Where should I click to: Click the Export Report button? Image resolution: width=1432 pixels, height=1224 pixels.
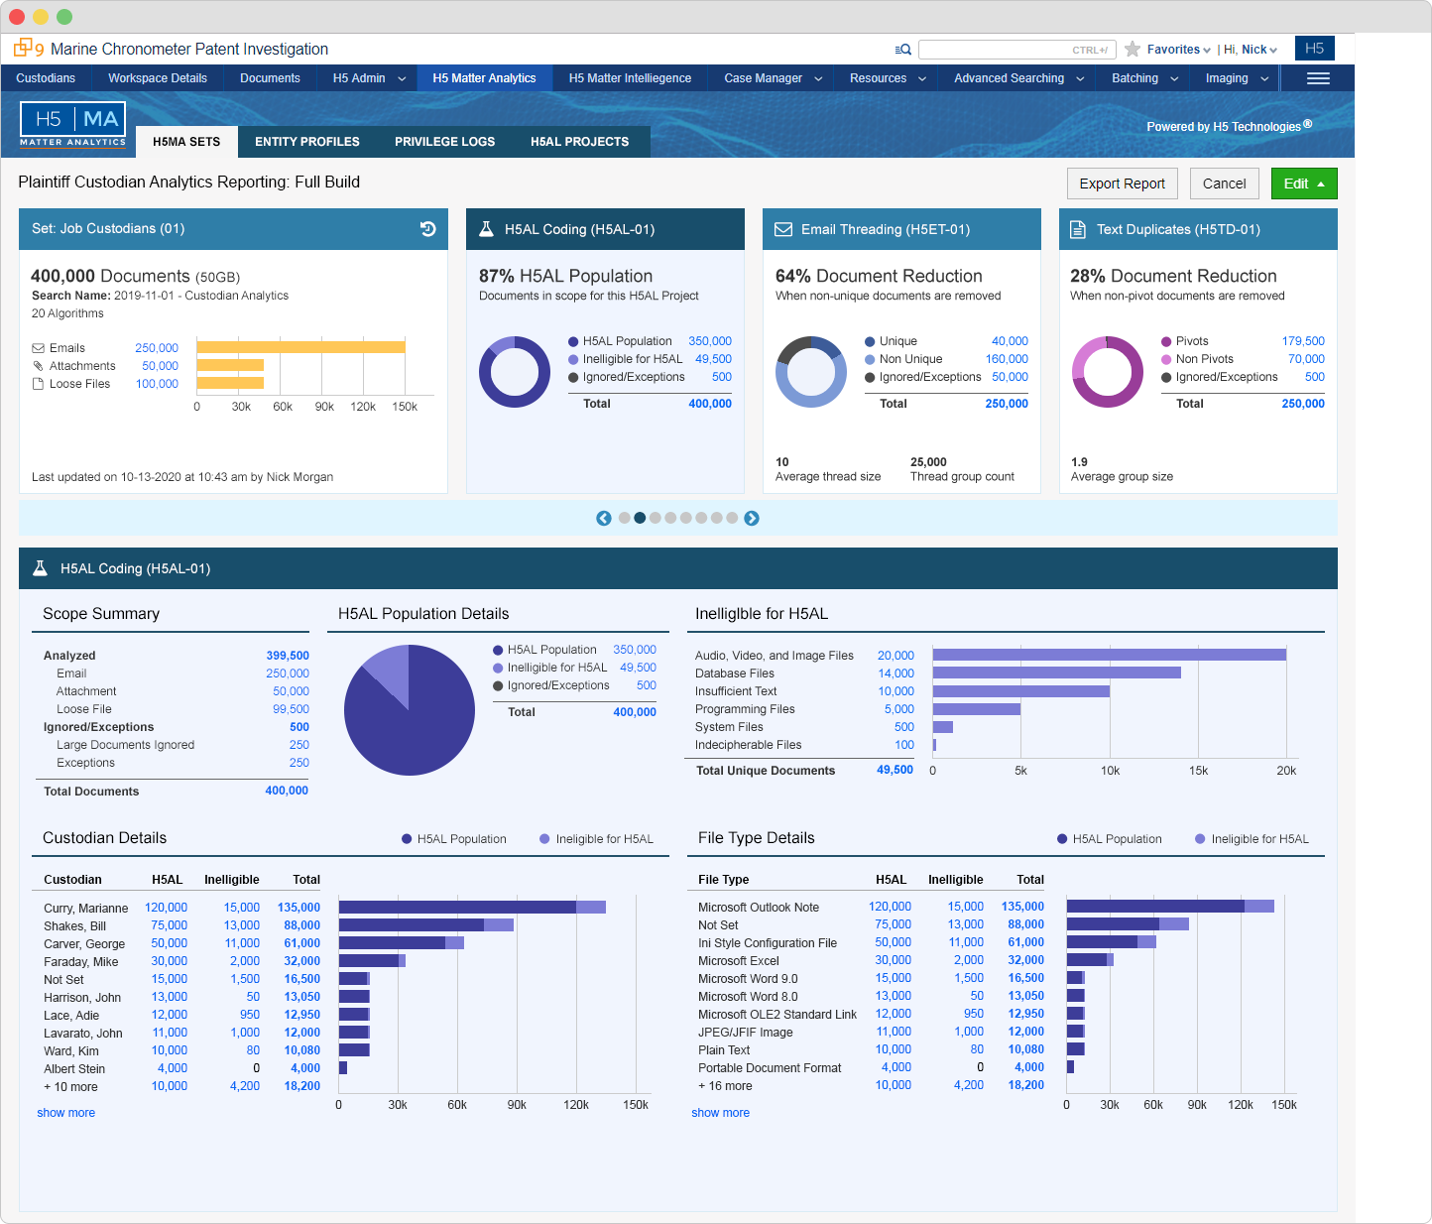point(1122,184)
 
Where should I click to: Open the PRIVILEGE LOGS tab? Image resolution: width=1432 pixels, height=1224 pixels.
point(444,142)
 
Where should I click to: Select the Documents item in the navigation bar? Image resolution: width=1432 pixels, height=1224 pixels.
point(270,78)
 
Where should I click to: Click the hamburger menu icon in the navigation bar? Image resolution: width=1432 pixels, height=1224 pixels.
point(1318,78)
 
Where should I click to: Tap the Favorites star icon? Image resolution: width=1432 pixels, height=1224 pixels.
point(1133,50)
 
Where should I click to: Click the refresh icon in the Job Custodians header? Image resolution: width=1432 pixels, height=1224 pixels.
point(428,229)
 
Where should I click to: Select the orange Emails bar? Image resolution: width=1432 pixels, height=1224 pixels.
point(300,346)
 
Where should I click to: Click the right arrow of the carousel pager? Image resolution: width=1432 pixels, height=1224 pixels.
point(752,518)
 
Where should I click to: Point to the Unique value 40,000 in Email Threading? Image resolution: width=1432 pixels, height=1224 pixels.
point(1010,341)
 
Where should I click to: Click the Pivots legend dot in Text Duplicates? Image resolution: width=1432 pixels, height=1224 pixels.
point(1166,341)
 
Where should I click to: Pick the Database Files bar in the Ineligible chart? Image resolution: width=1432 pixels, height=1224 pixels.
point(1056,673)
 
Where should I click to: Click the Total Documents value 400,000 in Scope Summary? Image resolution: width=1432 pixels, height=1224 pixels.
point(287,791)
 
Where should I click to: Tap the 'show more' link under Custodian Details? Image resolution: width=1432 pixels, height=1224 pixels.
point(65,1113)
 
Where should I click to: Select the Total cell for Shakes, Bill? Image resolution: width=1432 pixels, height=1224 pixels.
point(302,925)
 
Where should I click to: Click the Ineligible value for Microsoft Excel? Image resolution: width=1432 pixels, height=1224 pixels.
point(969,960)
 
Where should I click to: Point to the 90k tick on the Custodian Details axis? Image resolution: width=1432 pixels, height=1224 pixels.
point(516,1105)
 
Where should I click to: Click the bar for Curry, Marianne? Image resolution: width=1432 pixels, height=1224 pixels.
point(472,908)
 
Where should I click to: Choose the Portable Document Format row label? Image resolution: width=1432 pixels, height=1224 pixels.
point(770,1068)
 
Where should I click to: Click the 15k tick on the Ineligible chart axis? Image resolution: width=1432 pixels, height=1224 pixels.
point(1198,771)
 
